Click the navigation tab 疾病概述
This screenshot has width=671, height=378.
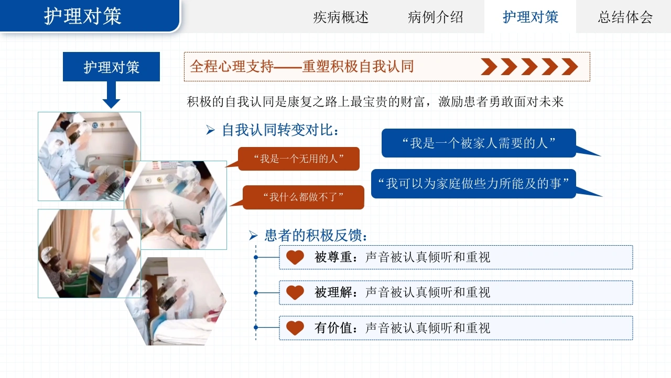pyautogui.click(x=341, y=17)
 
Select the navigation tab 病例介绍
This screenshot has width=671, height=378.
pyautogui.click(x=435, y=17)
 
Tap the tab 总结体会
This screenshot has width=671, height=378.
pyautogui.click(x=625, y=17)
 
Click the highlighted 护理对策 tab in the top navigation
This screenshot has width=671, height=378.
pyautogui.click(x=530, y=17)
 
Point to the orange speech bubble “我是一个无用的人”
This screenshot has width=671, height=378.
pyautogui.click(x=298, y=159)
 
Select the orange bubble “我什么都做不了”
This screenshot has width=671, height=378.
pyautogui.click(x=303, y=197)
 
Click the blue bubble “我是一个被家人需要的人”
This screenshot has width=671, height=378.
pyautogui.click(x=479, y=143)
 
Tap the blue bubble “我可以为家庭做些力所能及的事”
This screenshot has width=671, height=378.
pyautogui.click(x=473, y=184)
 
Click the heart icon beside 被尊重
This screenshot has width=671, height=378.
pyautogui.click(x=295, y=257)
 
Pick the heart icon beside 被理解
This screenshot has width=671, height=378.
pyautogui.click(x=295, y=292)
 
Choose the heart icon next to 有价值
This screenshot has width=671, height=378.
pyautogui.click(x=295, y=328)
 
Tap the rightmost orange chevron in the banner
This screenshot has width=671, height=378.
pyautogui.click(x=569, y=67)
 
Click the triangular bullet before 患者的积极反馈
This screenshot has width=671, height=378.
pyautogui.click(x=253, y=236)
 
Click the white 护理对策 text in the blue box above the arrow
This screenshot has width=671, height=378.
pyautogui.click(x=112, y=67)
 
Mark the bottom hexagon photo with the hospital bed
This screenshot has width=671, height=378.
pyautogui.click(x=176, y=301)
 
